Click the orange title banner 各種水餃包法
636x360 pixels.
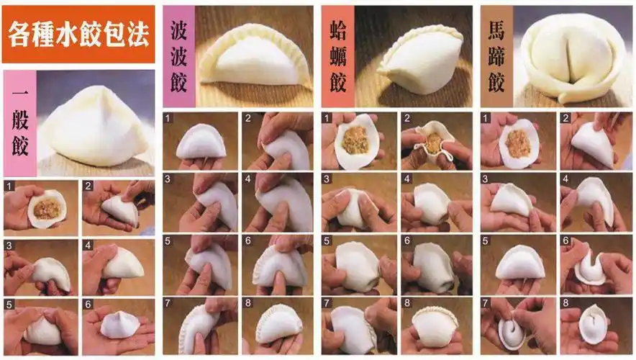[78, 33]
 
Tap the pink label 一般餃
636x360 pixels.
[19, 123]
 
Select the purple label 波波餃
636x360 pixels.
[178, 57]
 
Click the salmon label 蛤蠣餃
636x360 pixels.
[337, 57]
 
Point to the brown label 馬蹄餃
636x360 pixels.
[496, 57]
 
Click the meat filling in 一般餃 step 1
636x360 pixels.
[47, 210]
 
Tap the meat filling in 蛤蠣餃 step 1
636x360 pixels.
[354, 140]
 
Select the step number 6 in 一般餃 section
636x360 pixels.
[87, 304]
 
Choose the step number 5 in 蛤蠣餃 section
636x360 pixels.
[327, 241]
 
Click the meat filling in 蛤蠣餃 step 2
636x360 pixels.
[433, 143]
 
